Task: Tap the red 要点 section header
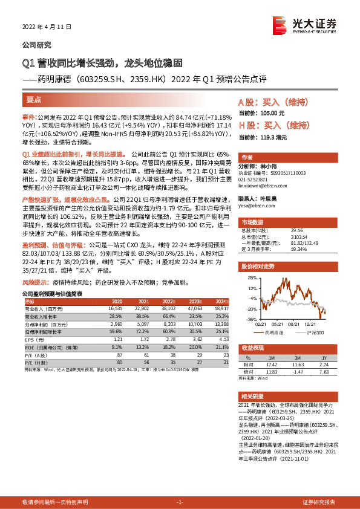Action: point(34,99)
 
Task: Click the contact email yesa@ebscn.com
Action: point(253,205)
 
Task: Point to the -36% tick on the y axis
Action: point(247,319)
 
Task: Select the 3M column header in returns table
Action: point(294,357)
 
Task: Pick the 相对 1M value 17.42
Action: point(270,364)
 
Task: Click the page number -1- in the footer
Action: point(179,502)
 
